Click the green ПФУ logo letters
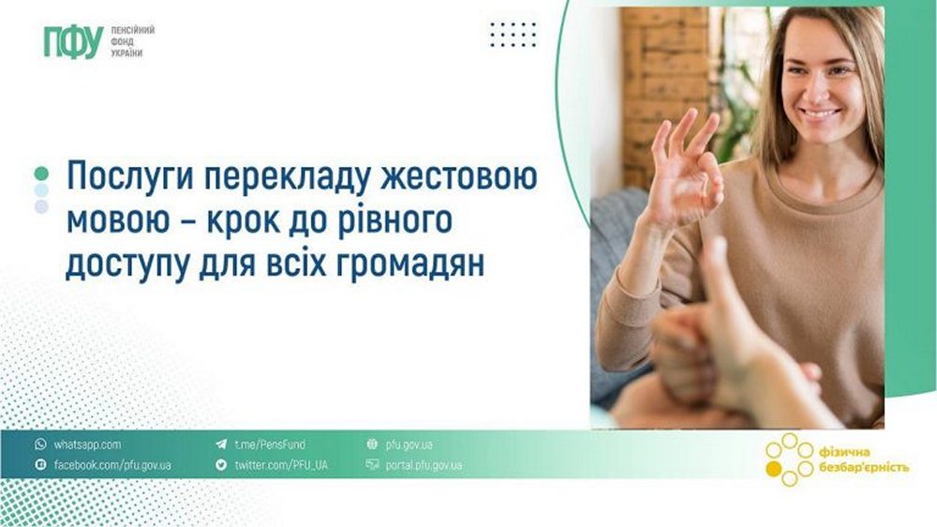click(x=73, y=42)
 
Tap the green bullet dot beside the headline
click(x=41, y=173)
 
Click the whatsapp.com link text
click(x=87, y=445)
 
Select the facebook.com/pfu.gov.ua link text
click(x=112, y=465)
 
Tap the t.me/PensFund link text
click(x=270, y=444)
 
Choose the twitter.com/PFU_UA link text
click(x=281, y=465)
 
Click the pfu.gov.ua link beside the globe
click(x=409, y=445)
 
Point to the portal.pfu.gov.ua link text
click(x=424, y=465)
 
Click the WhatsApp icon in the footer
click(x=40, y=444)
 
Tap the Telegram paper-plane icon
click(x=221, y=444)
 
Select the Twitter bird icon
click(x=221, y=465)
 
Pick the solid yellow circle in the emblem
click(x=773, y=469)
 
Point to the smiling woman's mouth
click(x=821, y=113)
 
